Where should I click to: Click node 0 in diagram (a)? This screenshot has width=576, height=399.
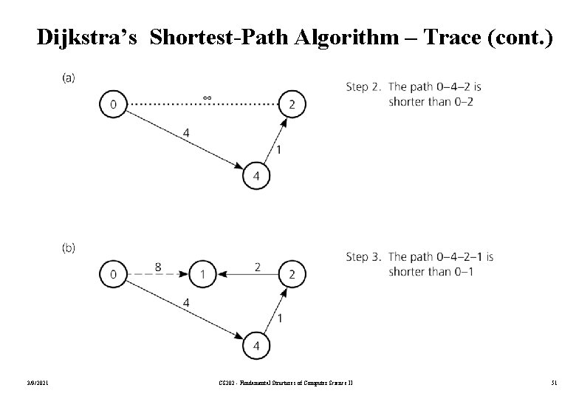click(x=112, y=104)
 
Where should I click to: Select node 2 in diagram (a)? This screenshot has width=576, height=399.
click(x=292, y=104)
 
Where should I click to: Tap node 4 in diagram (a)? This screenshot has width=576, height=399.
click(x=256, y=176)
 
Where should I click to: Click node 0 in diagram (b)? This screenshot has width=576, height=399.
click(x=112, y=275)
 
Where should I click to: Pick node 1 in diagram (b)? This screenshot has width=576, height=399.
click(x=202, y=275)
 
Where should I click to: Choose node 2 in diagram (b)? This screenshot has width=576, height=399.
click(x=292, y=275)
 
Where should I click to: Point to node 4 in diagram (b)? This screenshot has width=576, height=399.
click(x=256, y=346)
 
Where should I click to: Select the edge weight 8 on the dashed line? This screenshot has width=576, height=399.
click(x=158, y=266)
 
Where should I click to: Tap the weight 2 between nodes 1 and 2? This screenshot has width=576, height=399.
click(x=257, y=266)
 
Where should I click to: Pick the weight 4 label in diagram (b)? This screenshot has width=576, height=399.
click(x=186, y=302)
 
